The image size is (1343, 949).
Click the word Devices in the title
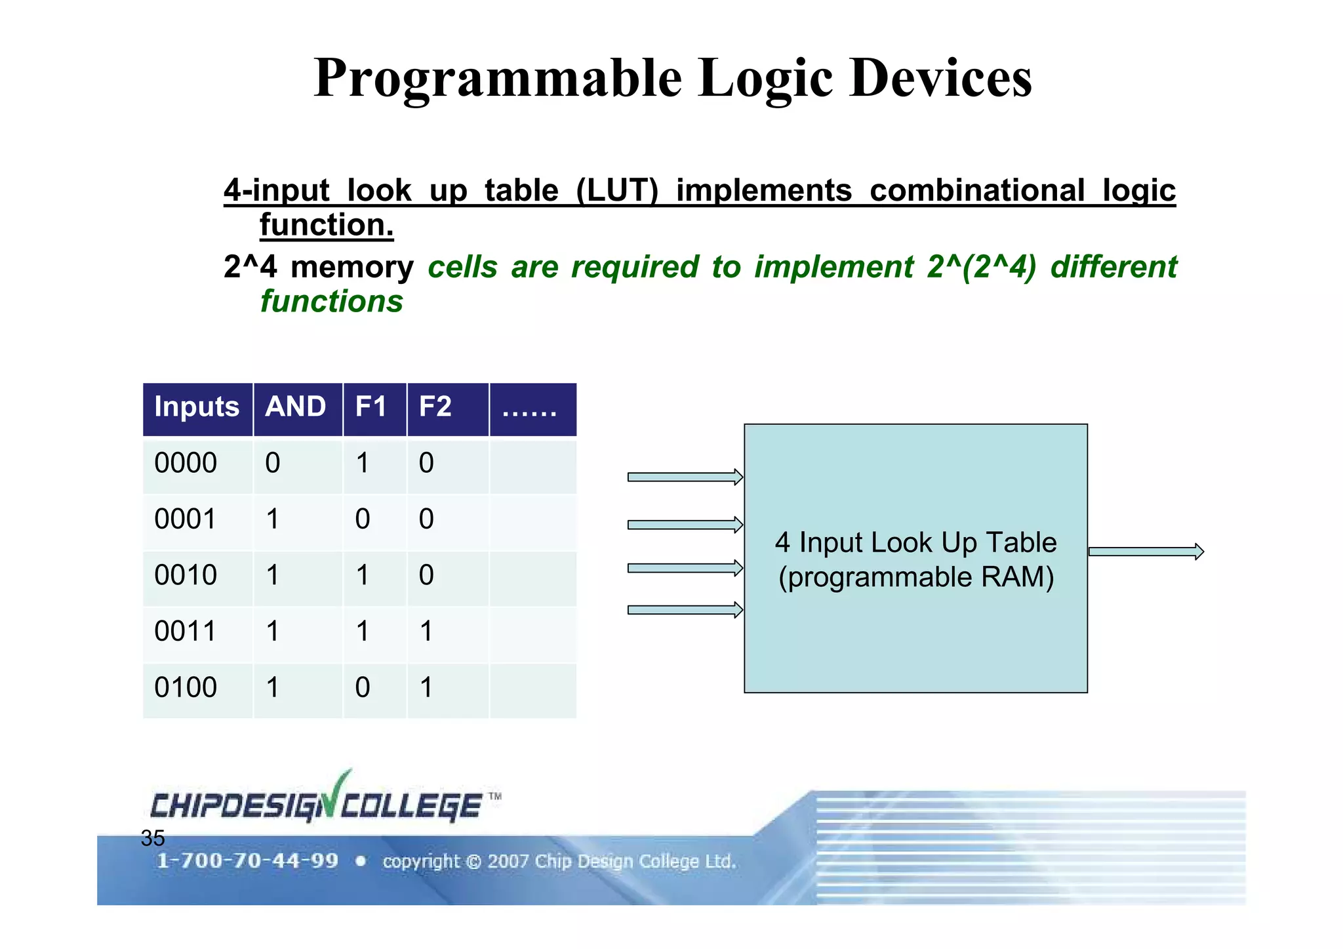pyautogui.click(x=940, y=78)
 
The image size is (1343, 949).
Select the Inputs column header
pyautogui.click(x=197, y=407)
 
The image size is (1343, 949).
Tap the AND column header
pyautogui.click(x=296, y=407)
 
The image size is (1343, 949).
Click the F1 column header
pyautogui.click(x=371, y=407)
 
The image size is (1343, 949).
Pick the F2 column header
pyautogui.click(x=435, y=407)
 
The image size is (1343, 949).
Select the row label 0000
pyautogui.click(x=186, y=464)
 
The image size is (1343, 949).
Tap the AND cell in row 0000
pyautogui.click(x=273, y=464)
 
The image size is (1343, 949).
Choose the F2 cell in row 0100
pyautogui.click(x=426, y=688)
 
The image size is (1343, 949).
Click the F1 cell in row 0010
pyautogui.click(x=363, y=576)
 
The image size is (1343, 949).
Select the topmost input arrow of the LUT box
pyautogui.click(x=685, y=477)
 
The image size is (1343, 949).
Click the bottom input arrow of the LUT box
pyautogui.click(x=685, y=610)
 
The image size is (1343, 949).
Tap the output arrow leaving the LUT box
pyautogui.click(x=1146, y=552)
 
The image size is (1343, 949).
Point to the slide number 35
pyautogui.click(x=153, y=839)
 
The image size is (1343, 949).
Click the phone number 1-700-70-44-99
pyautogui.click(x=247, y=860)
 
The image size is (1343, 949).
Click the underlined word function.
pyautogui.click(x=327, y=226)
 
